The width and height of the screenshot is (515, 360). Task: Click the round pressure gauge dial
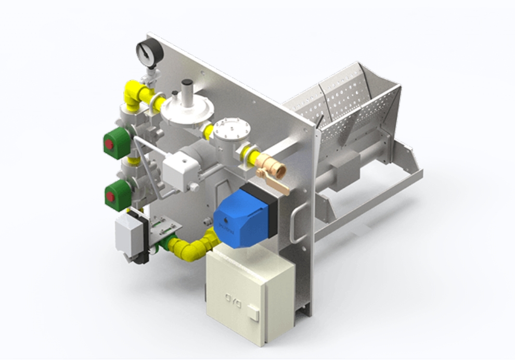tap(148, 52)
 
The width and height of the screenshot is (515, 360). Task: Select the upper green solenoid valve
tap(114, 141)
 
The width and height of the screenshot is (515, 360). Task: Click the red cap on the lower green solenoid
tap(110, 196)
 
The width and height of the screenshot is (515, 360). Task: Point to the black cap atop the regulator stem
tap(186, 84)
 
